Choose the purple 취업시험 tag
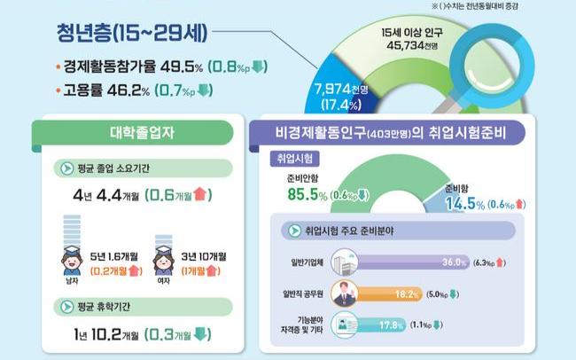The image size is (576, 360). [x=295, y=160]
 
